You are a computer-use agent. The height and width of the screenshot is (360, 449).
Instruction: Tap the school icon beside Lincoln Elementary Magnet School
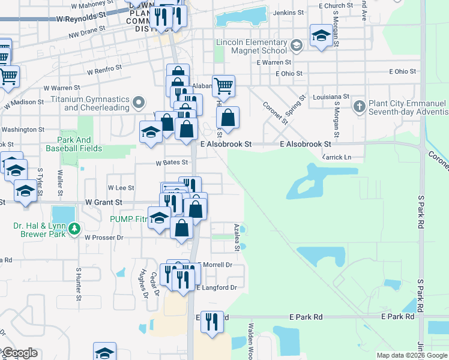coord(295,46)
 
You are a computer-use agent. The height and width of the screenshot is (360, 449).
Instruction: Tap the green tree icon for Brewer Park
coord(74,228)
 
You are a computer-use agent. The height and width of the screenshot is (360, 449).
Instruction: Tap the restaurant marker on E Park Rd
coord(209,322)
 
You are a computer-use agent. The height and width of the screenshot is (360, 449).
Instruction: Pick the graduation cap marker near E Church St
coord(322,36)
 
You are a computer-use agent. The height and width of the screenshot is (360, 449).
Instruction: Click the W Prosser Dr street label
coord(103,238)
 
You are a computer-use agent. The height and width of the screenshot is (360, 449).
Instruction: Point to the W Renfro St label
coord(104,71)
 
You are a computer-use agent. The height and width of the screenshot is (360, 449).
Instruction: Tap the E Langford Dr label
coord(217,288)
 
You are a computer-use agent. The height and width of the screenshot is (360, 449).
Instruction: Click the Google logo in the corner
coord(20,353)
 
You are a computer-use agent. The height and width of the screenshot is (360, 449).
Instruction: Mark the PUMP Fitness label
coord(128,219)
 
